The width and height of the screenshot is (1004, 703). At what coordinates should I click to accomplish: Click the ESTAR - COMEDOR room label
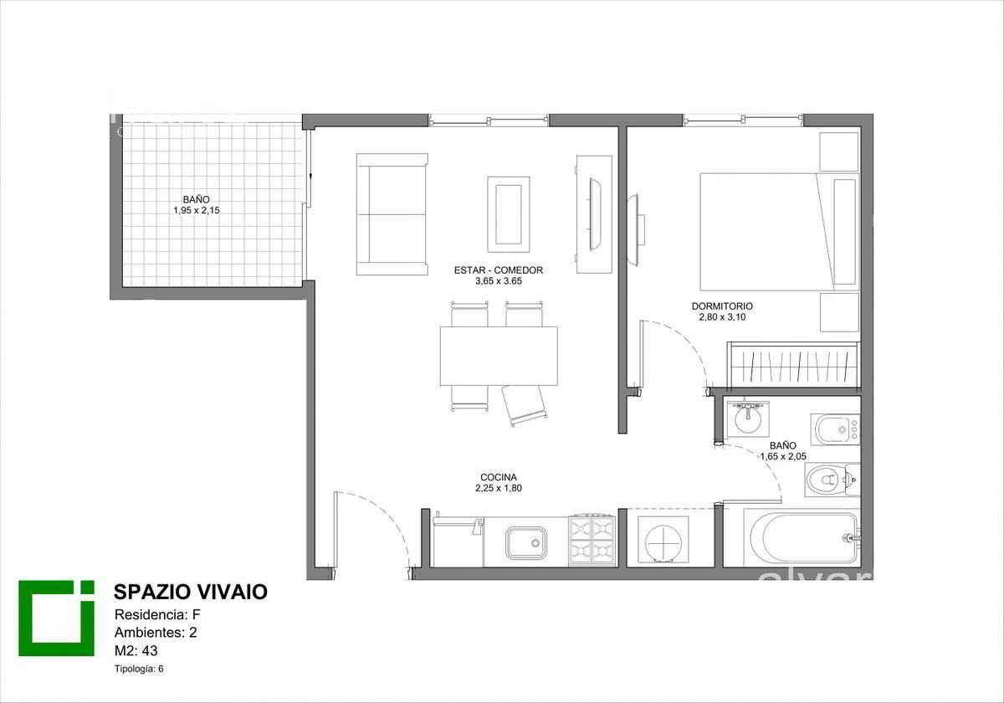[x=499, y=269]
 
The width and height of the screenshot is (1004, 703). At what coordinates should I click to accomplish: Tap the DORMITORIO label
[x=722, y=306]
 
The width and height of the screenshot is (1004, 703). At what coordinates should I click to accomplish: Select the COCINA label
[x=499, y=477]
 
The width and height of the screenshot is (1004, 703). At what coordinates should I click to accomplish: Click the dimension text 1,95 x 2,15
[x=197, y=210]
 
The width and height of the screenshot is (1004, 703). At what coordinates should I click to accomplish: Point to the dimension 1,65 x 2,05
[x=783, y=456]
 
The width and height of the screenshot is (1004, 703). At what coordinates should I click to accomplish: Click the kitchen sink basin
[x=526, y=543]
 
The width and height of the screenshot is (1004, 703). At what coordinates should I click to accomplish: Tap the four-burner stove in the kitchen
[x=592, y=541]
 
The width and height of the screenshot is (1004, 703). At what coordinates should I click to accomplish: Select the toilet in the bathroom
[x=832, y=480]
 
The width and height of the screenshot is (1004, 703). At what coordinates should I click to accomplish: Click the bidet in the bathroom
[x=835, y=429]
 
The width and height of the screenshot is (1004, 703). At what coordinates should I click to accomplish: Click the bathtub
[x=802, y=537]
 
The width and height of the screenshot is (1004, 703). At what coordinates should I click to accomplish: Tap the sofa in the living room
[x=392, y=214]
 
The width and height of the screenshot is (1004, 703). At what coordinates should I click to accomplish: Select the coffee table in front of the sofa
[x=509, y=214]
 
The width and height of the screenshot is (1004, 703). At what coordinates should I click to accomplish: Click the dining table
[x=499, y=356]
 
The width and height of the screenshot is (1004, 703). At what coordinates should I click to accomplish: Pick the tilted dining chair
[x=525, y=405]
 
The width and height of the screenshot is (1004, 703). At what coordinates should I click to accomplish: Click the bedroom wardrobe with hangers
[x=793, y=365]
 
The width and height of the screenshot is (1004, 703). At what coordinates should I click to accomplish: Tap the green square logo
[x=57, y=618]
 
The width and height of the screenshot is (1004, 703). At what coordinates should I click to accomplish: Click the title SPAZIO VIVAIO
[x=191, y=593]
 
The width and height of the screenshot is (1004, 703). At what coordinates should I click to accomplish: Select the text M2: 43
[x=136, y=650]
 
